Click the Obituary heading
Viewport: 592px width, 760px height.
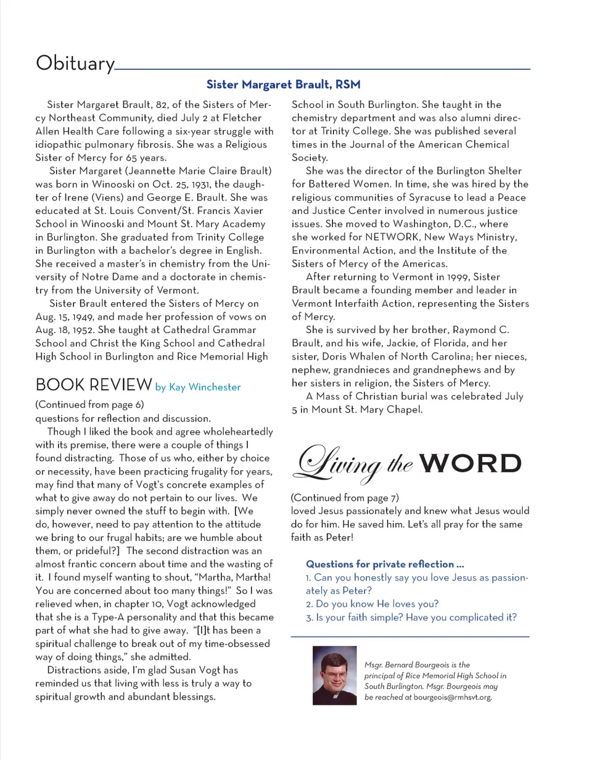(x=75, y=64)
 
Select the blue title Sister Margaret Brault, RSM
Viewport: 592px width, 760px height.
(x=283, y=83)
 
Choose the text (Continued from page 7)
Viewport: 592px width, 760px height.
(x=343, y=497)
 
